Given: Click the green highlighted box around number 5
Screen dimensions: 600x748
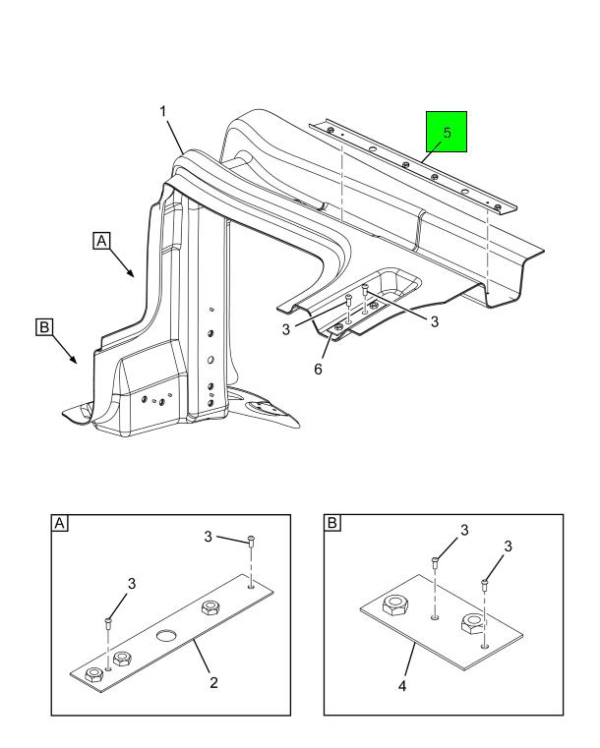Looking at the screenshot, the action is (447, 132).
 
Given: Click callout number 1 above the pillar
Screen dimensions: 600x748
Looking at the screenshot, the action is (163, 112).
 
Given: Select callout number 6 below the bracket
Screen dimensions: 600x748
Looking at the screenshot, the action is (318, 369).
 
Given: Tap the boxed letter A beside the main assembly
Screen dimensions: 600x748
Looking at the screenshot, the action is (101, 241).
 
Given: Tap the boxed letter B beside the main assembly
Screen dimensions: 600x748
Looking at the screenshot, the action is (44, 327).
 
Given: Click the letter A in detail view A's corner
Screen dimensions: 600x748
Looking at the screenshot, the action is (59, 523).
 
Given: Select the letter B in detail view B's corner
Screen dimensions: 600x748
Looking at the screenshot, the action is (332, 523).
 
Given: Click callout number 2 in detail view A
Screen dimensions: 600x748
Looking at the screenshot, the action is (213, 682).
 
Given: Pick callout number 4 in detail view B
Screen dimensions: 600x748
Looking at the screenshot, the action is (402, 686).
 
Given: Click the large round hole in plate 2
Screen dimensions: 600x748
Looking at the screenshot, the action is (166, 636).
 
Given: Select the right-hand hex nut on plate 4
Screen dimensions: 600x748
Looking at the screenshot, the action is (472, 623).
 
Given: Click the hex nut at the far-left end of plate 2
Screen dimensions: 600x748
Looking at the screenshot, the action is (93, 674).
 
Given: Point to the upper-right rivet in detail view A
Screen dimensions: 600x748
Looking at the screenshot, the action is (251, 541).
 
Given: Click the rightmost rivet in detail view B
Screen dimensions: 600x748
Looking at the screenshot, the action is (484, 585).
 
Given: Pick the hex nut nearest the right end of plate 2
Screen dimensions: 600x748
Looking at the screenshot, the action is (210, 607).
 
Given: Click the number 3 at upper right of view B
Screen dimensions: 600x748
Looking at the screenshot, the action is (508, 547).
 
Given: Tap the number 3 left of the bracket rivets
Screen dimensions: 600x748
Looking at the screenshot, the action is (285, 329).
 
